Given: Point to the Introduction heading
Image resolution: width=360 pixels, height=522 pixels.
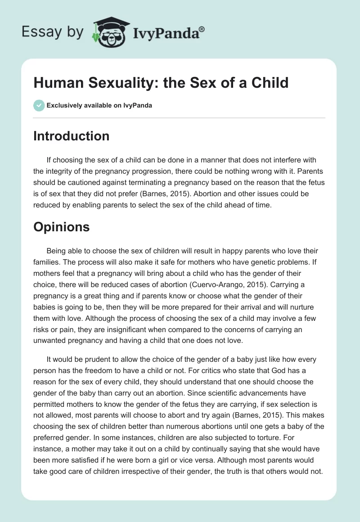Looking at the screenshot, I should coord(71,136).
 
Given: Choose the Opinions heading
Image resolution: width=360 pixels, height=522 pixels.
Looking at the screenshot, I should coord(61,227).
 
